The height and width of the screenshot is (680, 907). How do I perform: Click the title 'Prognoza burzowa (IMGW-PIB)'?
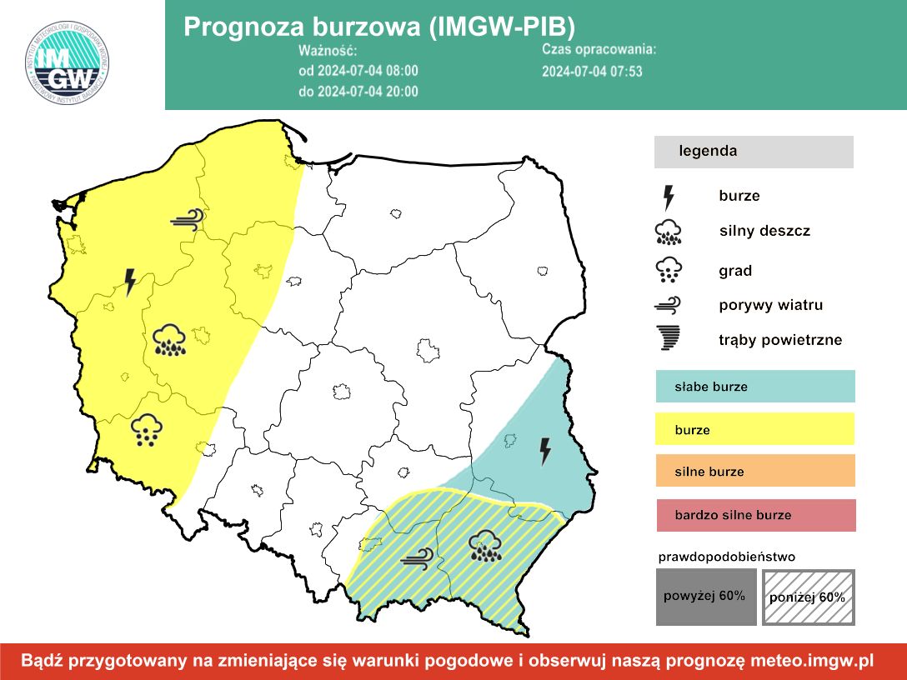tap(379, 27)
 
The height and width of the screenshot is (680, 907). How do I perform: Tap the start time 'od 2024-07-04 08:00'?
tap(358, 71)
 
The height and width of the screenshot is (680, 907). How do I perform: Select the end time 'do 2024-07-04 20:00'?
tap(358, 92)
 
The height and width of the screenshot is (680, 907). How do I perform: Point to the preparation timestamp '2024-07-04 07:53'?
tap(592, 71)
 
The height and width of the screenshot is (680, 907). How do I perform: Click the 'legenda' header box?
tap(754, 152)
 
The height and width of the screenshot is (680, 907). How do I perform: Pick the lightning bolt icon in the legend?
tap(669, 197)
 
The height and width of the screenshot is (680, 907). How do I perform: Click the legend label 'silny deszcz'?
tap(764, 231)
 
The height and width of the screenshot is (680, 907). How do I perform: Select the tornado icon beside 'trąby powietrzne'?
tap(669, 339)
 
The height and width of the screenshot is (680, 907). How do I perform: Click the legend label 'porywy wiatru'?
tap(770, 305)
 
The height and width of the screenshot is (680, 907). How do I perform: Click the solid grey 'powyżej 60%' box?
tap(705, 597)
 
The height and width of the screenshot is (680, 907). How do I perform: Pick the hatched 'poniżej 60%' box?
tap(808, 597)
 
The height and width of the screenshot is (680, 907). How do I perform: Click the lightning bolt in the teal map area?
tap(545, 451)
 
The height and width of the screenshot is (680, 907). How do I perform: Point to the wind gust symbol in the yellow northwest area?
tap(187, 220)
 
